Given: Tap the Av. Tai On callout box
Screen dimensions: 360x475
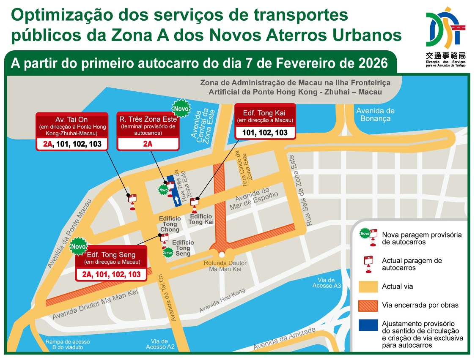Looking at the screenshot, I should pos(71,131).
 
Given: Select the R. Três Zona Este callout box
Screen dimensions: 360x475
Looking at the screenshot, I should pos(148,131).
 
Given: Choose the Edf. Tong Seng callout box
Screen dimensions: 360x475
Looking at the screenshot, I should pos(111,264).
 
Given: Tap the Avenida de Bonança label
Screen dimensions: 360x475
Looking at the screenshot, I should pos(375,115).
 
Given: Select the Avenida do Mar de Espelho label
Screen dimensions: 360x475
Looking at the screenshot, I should pos(253,198).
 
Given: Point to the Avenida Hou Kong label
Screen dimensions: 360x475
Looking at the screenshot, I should pos(222,301).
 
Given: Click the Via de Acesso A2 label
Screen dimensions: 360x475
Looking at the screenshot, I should pos(160,344).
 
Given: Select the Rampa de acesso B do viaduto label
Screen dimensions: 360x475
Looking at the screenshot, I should pos(67,344).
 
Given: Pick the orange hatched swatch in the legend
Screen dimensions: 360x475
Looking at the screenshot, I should pos(368,305).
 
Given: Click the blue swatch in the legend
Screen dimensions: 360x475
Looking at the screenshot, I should pos(368,325).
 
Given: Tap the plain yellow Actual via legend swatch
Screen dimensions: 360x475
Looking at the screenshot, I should pos(368,286).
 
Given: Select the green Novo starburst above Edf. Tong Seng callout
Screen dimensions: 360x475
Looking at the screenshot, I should pos(78,246).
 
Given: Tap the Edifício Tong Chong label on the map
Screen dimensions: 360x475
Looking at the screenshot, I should pos(170,224).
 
